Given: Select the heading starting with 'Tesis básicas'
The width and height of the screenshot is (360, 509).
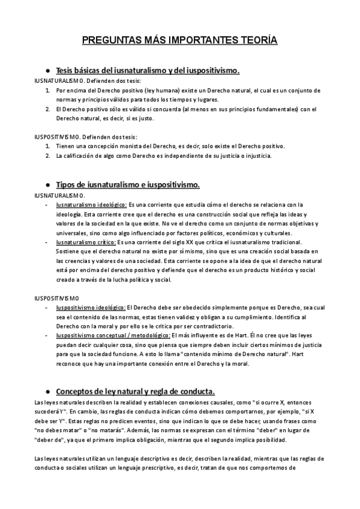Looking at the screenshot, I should coord(148,71).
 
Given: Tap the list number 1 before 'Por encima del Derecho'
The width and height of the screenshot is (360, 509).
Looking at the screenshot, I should coord(47,90).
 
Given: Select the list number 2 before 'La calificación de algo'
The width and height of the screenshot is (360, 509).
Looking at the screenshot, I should coord(47,156).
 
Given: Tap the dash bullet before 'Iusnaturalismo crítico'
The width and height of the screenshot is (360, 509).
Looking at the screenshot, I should coord(47,242).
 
